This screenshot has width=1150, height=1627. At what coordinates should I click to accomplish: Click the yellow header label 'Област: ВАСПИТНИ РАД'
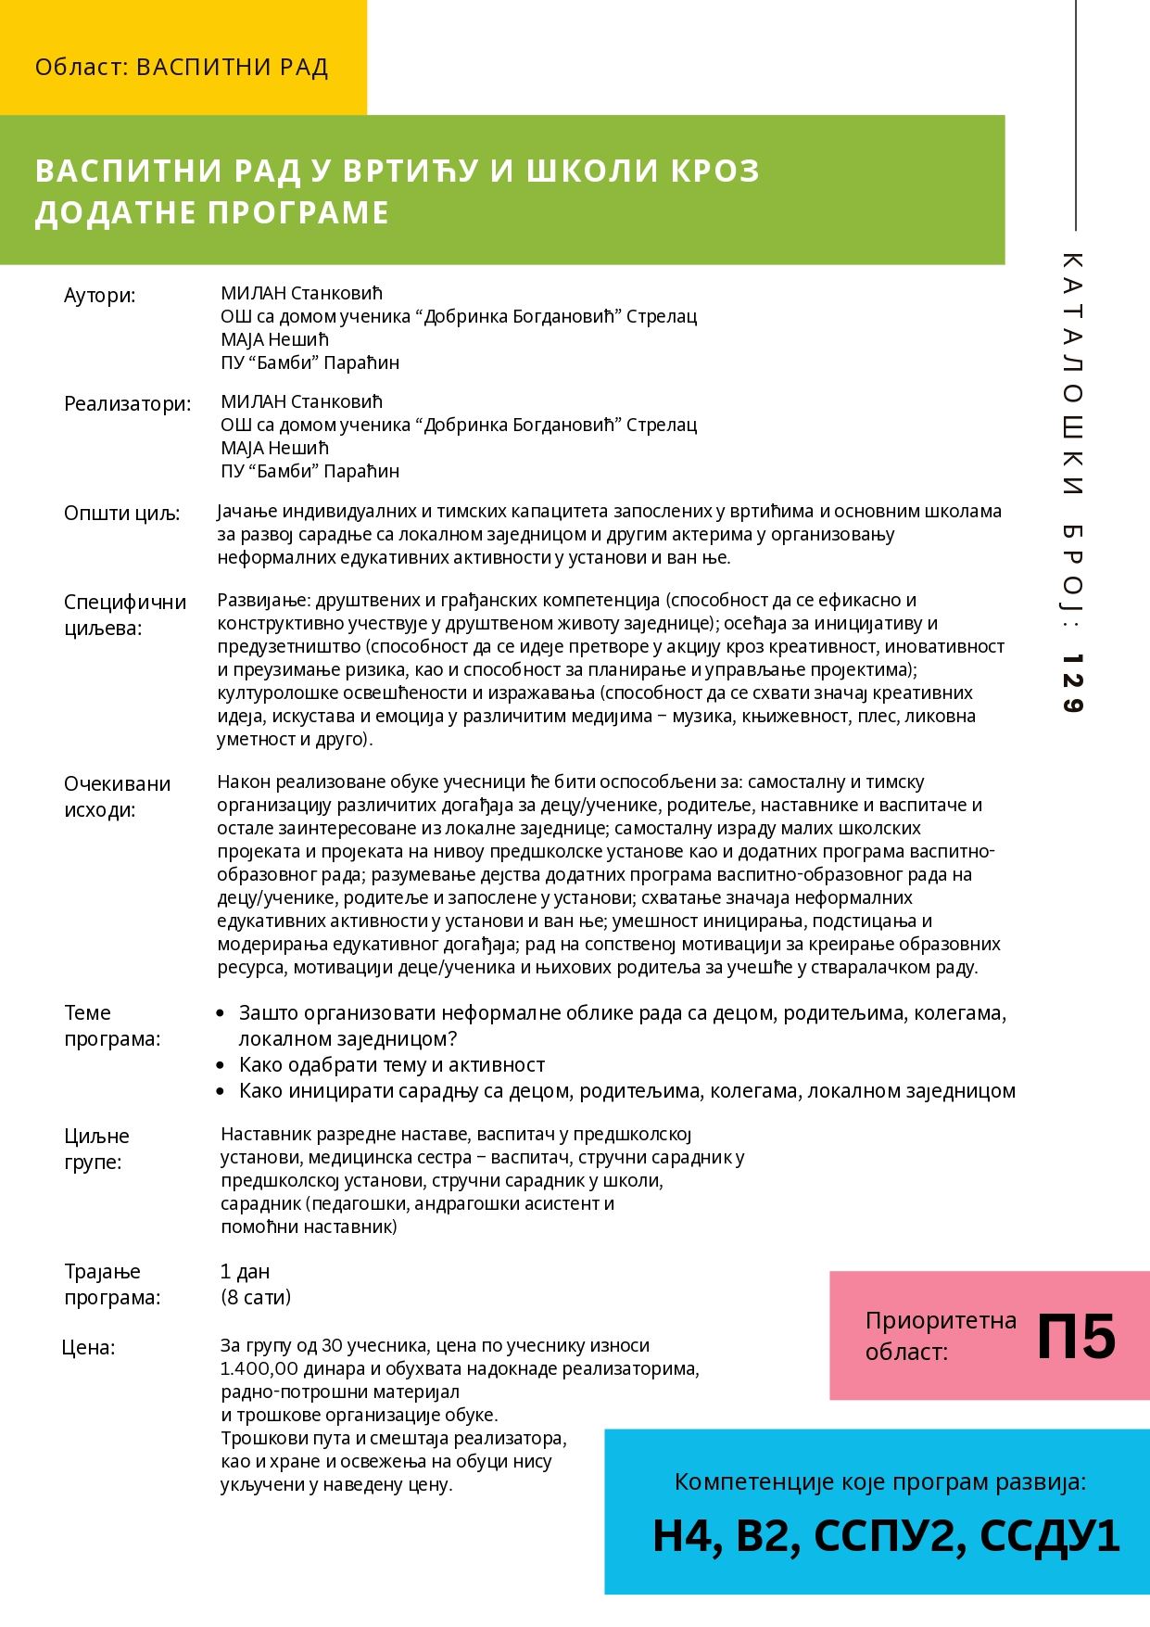182,68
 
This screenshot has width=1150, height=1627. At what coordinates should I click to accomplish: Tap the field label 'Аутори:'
99,296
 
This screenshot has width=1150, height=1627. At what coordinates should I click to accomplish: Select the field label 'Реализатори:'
127,404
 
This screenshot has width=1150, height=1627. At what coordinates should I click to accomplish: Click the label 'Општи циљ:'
122,514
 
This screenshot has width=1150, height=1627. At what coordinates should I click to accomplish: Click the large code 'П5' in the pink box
1076,1337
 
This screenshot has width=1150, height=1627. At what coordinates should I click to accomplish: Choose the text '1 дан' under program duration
246,1272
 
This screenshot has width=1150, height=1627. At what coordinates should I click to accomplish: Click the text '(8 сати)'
256,1297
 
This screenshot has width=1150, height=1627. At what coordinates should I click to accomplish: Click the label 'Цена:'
89,1347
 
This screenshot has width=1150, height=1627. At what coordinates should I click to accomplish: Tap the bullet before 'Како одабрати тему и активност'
220,1065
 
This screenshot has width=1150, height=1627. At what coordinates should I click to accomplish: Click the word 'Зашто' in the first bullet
267,1013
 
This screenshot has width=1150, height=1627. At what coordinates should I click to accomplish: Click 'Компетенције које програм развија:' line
879,1481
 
